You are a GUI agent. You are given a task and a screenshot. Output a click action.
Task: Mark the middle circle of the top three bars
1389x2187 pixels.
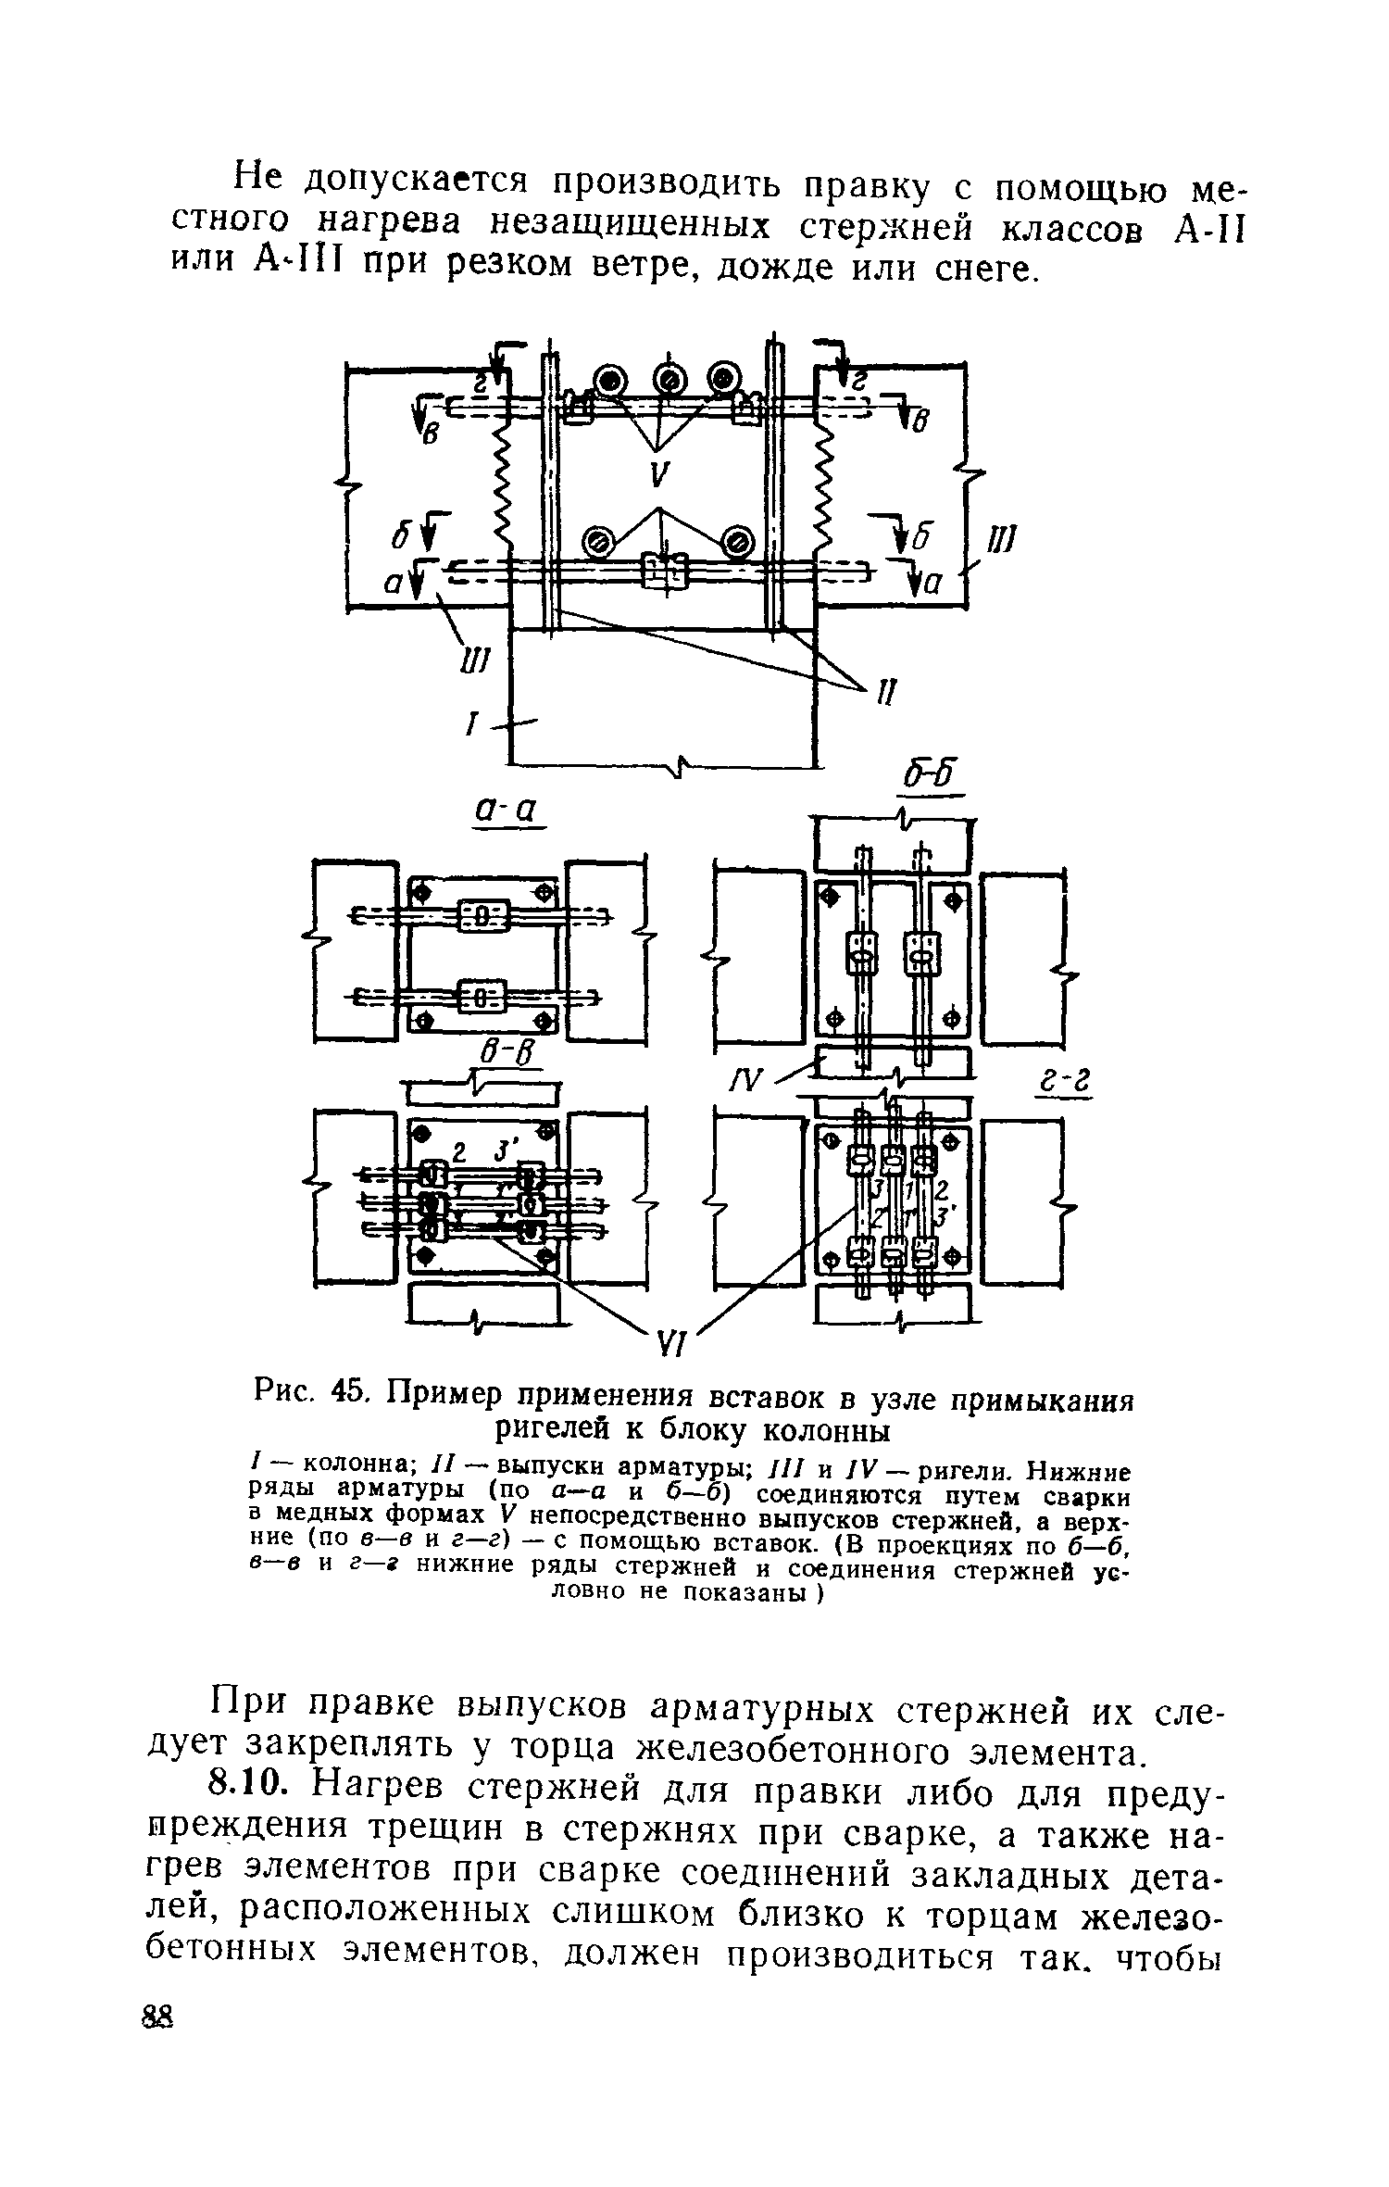pos(670,379)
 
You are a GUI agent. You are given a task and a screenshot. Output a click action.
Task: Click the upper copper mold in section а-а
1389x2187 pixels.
pos(482,912)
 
